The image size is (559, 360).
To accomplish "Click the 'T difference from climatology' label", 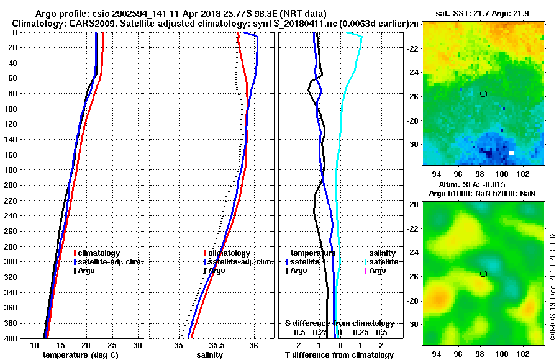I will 340,355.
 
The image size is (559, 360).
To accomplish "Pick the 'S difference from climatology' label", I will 340,323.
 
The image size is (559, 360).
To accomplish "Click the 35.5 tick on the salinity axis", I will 216,345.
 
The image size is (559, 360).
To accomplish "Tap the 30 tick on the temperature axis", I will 138,345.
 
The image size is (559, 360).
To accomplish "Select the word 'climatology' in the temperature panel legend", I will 99,253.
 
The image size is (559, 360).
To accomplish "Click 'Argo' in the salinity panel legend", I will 217,271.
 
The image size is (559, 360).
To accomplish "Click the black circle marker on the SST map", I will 483,94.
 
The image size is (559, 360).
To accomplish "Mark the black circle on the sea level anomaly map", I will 483,273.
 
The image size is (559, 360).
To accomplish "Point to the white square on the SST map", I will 512,153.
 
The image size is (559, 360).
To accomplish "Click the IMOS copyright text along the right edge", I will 552,286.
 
